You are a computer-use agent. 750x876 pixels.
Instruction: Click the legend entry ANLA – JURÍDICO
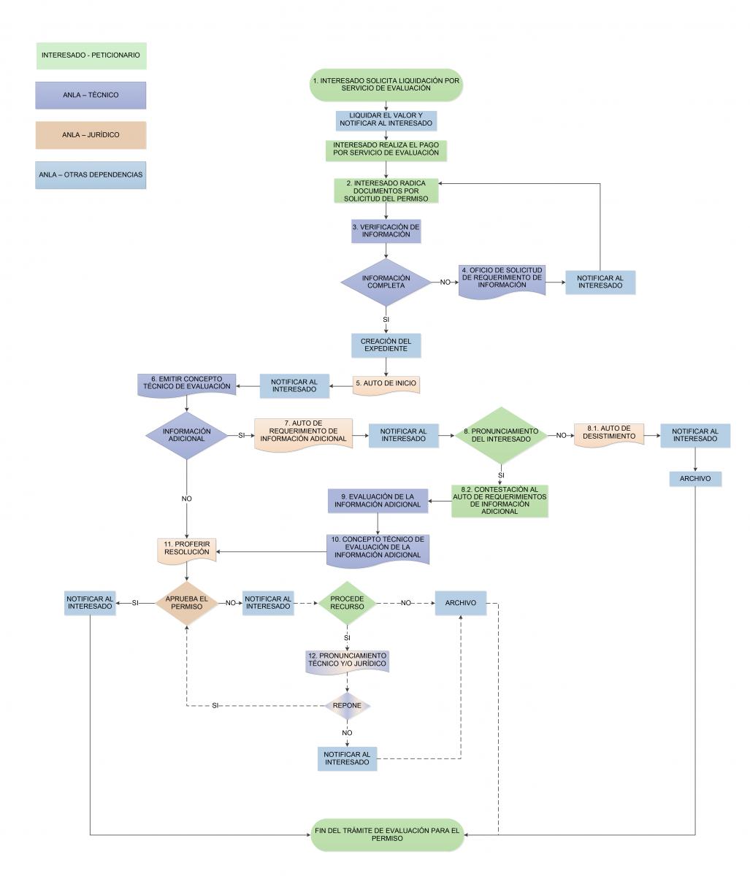point(91,135)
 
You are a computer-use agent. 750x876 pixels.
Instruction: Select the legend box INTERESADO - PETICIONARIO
point(91,55)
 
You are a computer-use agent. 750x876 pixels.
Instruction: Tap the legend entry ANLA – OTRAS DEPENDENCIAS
point(91,175)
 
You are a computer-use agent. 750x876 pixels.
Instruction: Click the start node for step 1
point(386,84)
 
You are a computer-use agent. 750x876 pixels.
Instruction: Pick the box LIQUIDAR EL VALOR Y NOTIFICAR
point(386,120)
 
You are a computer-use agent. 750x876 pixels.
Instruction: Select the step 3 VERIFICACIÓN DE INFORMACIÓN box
point(386,231)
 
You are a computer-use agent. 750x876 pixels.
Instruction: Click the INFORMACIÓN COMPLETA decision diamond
point(386,282)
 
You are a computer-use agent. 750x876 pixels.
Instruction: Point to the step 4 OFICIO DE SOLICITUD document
point(502,281)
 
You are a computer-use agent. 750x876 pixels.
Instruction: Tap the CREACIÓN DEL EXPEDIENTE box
point(386,345)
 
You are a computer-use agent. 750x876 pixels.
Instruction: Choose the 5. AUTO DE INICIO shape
point(386,383)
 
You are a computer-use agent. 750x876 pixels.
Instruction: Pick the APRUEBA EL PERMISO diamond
point(187,603)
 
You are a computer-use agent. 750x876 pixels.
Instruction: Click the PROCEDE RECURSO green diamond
point(346,603)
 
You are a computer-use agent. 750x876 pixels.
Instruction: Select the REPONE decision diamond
point(347,706)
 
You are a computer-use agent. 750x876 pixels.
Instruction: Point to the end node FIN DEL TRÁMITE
point(386,834)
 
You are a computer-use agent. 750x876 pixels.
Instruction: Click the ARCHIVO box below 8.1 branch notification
point(694,479)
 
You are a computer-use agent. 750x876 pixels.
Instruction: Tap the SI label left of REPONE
point(215,706)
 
